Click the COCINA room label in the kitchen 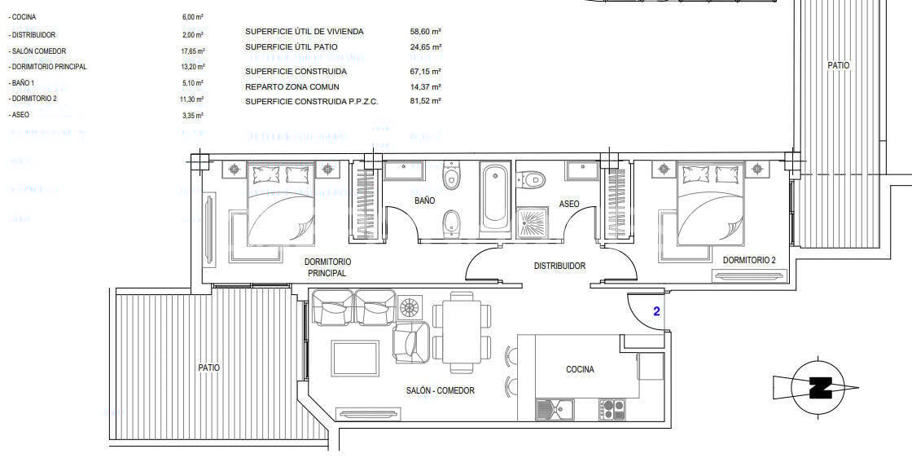[x=580, y=369]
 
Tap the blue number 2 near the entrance [x=656, y=310]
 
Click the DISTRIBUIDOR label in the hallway [x=559, y=266]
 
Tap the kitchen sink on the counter [x=555, y=409]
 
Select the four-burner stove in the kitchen [x=612, y=408]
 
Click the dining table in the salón [x=462, y=331]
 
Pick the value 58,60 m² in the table [x=426, y=31]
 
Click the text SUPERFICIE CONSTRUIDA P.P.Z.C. [x=312, y=101]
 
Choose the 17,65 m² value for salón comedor [x=193, y=51]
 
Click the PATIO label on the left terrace [x=208, y=368]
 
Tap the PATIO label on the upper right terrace [x=839, y=65]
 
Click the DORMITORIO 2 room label [x=749, y=260]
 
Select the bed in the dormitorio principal [x=281, y=204]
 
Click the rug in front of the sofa [x=355, y=359]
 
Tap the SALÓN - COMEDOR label [x=440, y=390]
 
